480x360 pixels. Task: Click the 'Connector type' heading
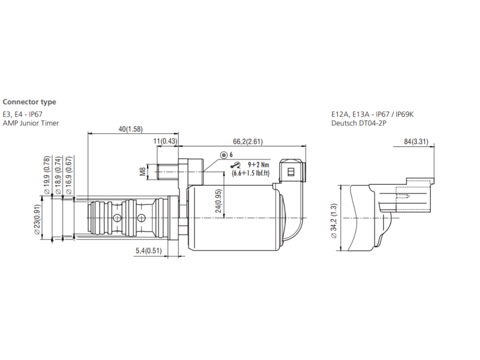29,103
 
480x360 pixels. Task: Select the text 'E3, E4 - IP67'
23,114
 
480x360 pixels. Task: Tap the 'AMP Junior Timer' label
31,123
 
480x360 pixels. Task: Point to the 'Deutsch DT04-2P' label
358,123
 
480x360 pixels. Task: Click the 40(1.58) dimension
130,129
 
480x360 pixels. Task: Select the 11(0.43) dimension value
166,141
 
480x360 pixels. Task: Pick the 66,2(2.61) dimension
248,141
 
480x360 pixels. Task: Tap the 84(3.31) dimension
415,142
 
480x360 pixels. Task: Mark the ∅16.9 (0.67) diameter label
69,174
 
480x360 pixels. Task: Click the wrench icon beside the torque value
235,166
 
